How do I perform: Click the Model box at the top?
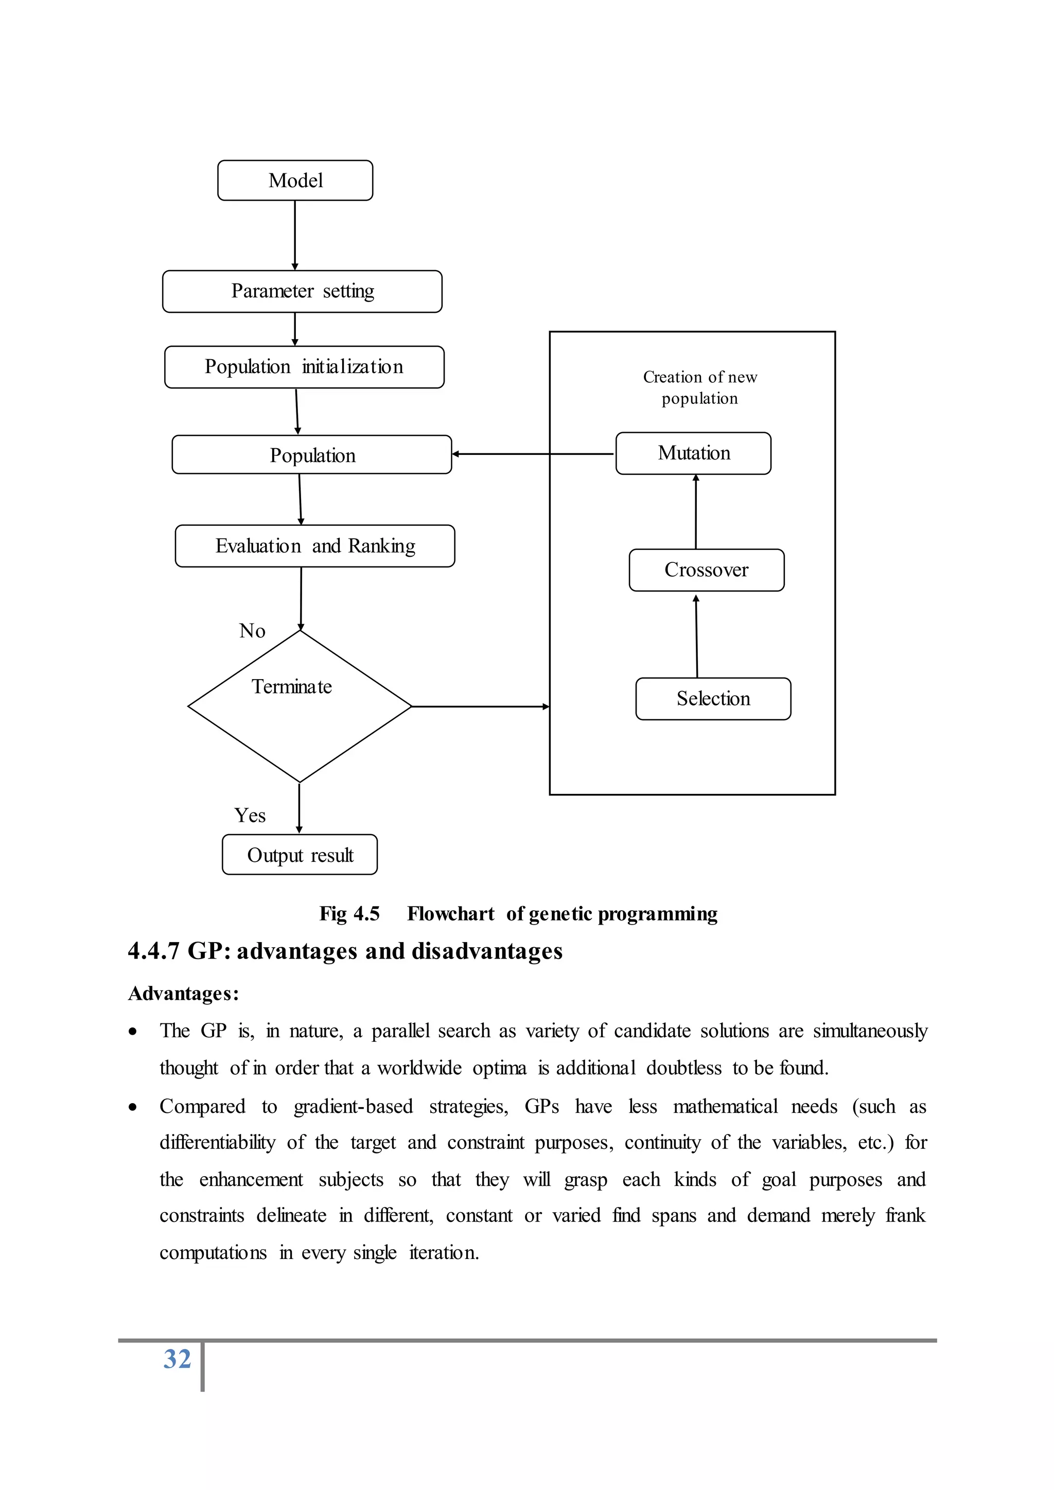295,181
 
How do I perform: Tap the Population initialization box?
304,367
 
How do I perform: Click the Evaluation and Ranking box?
315,546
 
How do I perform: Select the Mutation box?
693,453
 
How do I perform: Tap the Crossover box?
706,570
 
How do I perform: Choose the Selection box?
713,699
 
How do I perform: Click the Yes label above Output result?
250,815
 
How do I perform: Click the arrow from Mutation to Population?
532,454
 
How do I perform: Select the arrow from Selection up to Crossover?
696,636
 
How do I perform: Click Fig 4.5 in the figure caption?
349,914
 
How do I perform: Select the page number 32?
177,1359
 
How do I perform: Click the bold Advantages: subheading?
184,994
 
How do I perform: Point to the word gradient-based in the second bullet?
353,1107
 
